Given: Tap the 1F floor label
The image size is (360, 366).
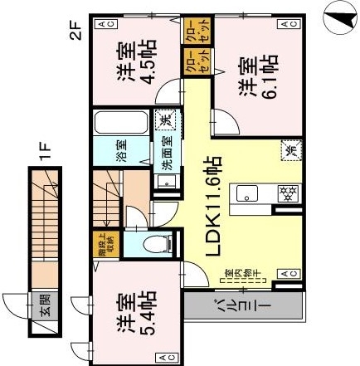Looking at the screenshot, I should pos(47,152).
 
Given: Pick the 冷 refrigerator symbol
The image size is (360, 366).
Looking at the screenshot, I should pos(291,150).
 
